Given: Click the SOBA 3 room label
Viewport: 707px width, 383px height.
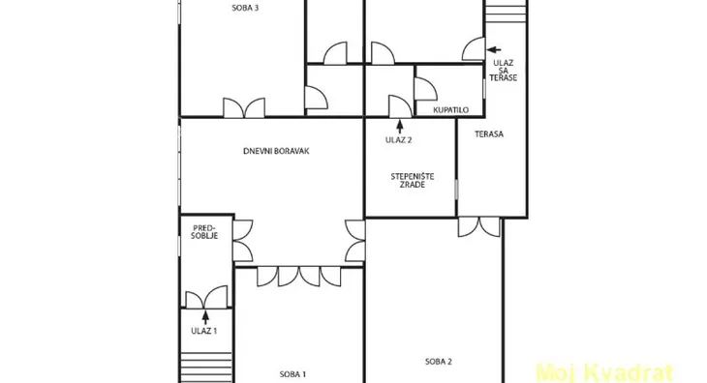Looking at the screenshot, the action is [x=245, y=8].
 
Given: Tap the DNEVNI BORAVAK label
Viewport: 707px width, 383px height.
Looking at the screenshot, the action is [x=276, y=151].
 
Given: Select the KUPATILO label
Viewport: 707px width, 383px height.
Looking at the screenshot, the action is [x=450, y=110].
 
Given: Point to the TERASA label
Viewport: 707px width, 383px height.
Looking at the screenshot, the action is [x=489, y=134].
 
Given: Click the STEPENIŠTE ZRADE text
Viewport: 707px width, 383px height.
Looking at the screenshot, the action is [x=413, y=181].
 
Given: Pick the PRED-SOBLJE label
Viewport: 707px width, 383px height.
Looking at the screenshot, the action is [x=204, y=232].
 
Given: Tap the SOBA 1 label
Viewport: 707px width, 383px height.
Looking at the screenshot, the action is [x=292, y=374].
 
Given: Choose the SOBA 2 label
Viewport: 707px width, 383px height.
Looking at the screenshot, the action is [x=439, y=362].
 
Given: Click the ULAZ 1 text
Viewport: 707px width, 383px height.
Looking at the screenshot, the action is [x=203, y=331].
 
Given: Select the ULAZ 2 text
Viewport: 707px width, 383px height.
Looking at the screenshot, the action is [x=399, y=140].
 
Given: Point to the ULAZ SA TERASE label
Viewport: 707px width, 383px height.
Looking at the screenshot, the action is [x=504, y=71].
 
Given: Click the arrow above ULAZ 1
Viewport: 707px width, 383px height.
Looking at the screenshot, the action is [x=205, y=318].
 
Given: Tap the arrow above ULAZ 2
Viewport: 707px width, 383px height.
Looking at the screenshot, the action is [x=399, y=127].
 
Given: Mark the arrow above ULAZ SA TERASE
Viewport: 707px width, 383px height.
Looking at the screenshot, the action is [x=494, y=50].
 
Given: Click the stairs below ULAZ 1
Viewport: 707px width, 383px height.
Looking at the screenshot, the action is [x=206, y=367].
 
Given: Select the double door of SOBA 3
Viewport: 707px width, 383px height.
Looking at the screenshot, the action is [x=244, y=108].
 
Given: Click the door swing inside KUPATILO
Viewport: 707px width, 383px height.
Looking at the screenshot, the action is [x=425, y=89].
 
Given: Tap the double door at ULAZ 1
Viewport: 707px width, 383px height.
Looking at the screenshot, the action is [x=206, y=298].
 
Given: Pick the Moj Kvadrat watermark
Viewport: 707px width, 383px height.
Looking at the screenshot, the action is [x=603, y=373].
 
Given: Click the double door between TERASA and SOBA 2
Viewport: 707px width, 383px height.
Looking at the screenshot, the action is [x=478, y=227].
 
